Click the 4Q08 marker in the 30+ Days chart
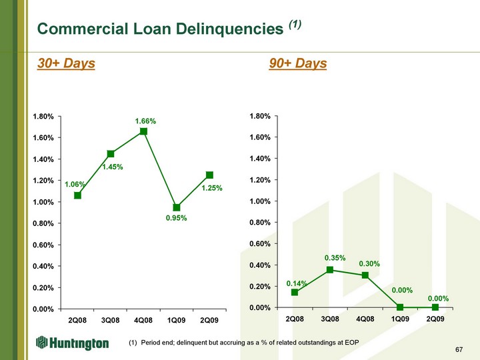click(x=143, y=131)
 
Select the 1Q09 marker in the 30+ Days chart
click(x=176, y=207)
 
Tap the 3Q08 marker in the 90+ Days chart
click(x=330, y=270)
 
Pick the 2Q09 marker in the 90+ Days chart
click(x=435, y=307)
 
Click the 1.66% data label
click(x=146, y=121)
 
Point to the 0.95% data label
click(x=176, y=218)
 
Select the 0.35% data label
click(x=335, y=258)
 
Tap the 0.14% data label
click(x=297, y=284)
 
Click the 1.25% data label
click(x=212, y=188)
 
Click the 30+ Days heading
click(x=66, y=63)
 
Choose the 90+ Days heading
click(x=298, y=63)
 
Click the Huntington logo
click(x=72, y=343)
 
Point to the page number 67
click(x=459, y=349)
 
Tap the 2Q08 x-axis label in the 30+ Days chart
click(x=77, y=321)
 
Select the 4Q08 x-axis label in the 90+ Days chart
click(x=365, y=319)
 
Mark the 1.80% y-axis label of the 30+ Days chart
click(x=43, y=117)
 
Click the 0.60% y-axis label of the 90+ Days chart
click(x=260, y=244)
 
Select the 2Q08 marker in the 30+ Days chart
click(x=78, y=195)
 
